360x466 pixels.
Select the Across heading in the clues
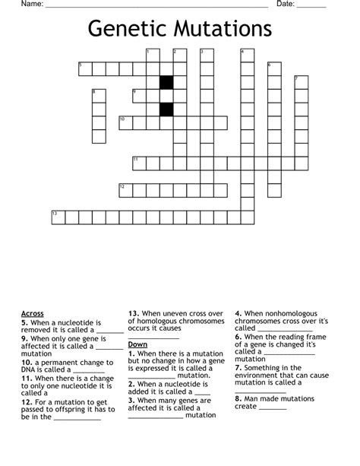(33, 313)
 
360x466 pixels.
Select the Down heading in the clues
(137, 344)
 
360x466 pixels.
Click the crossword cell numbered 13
(58, 218)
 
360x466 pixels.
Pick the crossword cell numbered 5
(84, 69)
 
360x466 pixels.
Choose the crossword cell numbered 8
(98, 96)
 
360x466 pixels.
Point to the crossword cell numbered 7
(301, 82)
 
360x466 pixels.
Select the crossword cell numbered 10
(125, 122)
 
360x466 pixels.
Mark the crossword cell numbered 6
(274, 69)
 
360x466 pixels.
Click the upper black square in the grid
(166, 82)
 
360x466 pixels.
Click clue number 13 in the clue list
(133, 313)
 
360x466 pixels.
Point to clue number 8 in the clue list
(238, 397)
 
